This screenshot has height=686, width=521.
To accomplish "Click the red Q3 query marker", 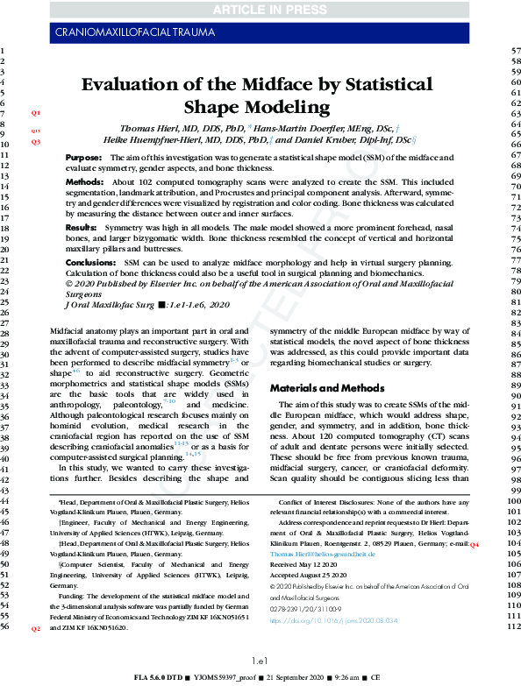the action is click(36, 141).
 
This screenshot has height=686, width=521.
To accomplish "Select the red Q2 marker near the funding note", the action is click(36, 629).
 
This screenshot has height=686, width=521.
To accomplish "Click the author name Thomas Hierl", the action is click(152, 127).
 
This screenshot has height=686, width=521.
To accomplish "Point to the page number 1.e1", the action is click(260, 661).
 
